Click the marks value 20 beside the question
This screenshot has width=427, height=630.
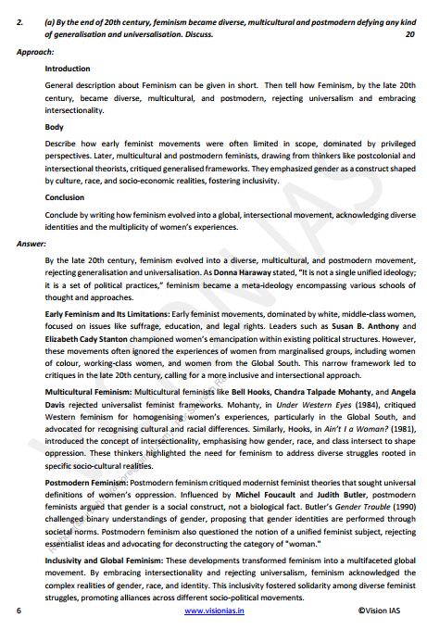tap(409, 34)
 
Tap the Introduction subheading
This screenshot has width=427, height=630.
tap(68, 69)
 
